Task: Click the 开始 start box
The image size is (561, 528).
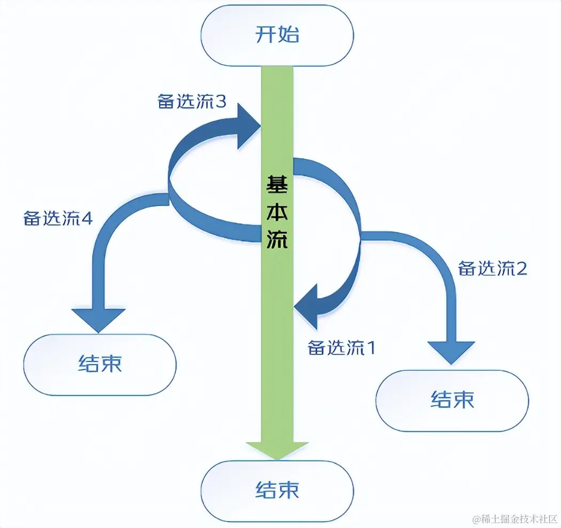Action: tap(277, 35)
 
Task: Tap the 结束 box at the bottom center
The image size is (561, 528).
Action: tap(277, 490)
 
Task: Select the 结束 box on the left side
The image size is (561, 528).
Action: tap(100, 364)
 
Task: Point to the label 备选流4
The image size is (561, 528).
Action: tap(58, 218)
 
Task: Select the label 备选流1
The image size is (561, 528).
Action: tap(342, 348)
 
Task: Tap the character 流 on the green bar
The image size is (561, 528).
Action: tap(277, 242)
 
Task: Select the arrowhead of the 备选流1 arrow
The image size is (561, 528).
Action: tap(306, 306)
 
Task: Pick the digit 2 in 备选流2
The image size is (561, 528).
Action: tap(521, 268)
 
